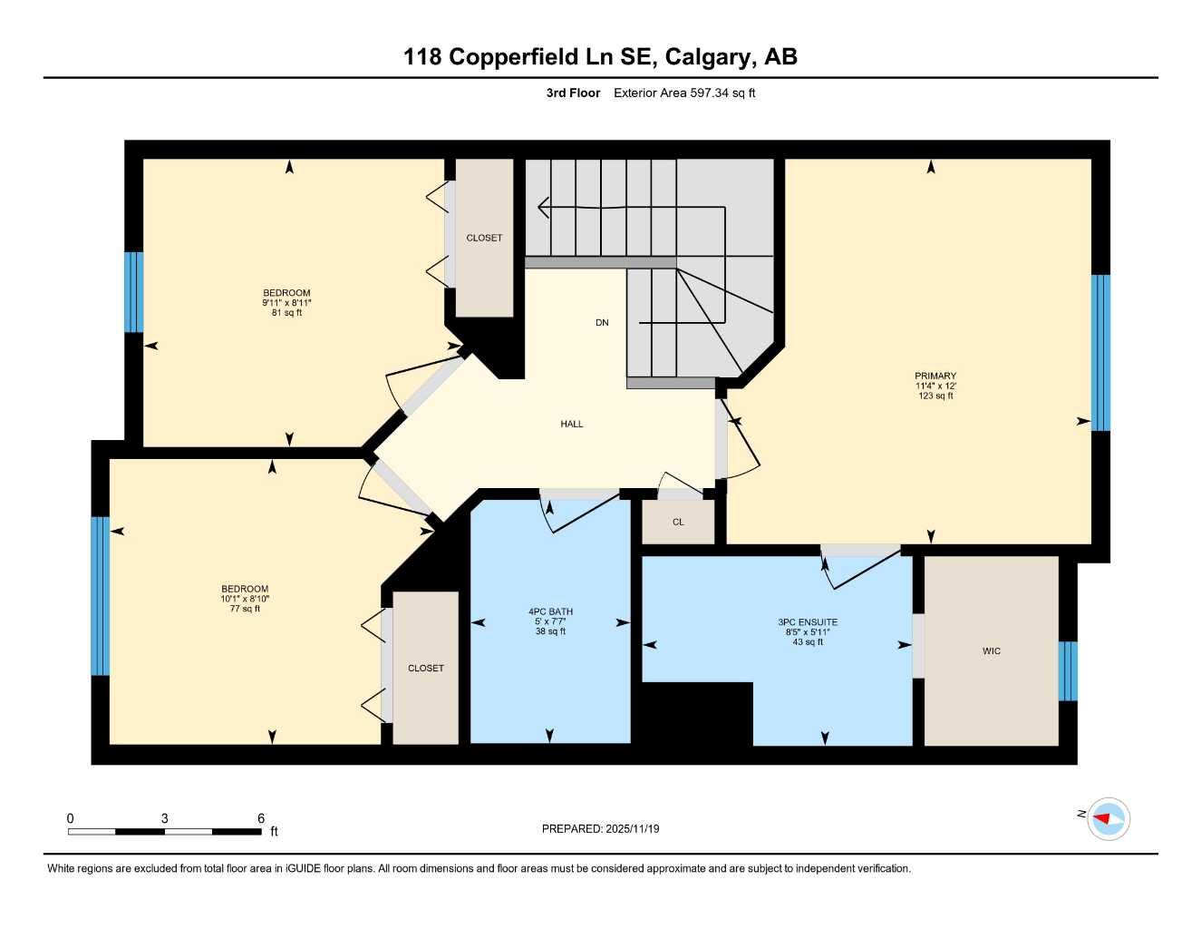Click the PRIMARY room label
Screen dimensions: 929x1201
(935, 376)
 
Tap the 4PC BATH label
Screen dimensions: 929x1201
(550, 611)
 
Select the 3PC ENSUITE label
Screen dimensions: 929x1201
(807, 622)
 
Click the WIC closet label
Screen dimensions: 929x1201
(991, 651)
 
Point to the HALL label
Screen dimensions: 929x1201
(571, 424)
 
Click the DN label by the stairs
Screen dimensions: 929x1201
(602, 323)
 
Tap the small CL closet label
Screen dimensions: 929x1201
(678, 523)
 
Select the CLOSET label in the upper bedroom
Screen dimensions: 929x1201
(484, 238)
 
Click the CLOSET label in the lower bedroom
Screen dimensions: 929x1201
(426, 669)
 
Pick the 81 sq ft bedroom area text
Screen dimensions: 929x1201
(286, 313)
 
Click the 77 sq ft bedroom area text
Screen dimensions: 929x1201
(245, 609)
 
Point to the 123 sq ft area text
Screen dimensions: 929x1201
(935, 396)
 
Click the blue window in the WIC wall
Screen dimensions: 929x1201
(1068, 671)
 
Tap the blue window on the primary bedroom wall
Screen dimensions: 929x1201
(1100, 352)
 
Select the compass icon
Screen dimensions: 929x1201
(1108, 818)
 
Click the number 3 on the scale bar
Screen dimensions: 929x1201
(164, 818)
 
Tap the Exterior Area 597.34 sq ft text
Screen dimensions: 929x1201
(684, 93)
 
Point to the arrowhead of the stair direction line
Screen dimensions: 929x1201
(542, 208)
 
